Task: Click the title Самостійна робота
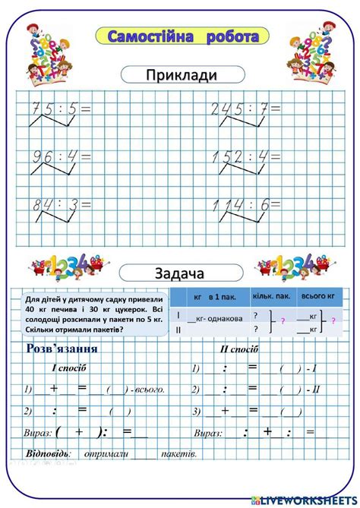(182, 36)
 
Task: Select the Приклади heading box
(182, 74)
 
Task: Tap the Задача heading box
(182, 272)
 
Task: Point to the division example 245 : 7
(239, 109)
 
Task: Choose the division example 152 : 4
(239, 156)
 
